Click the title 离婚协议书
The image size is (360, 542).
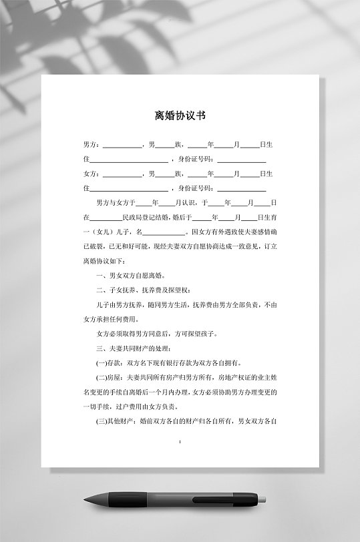[x=180, y=115]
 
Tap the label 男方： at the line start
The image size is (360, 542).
[x=92, y=145]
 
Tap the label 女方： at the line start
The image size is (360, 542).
[x=92, y=174]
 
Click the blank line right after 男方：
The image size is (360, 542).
[x=122, y=146]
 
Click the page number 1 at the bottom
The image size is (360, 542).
[x=180, y=442]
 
